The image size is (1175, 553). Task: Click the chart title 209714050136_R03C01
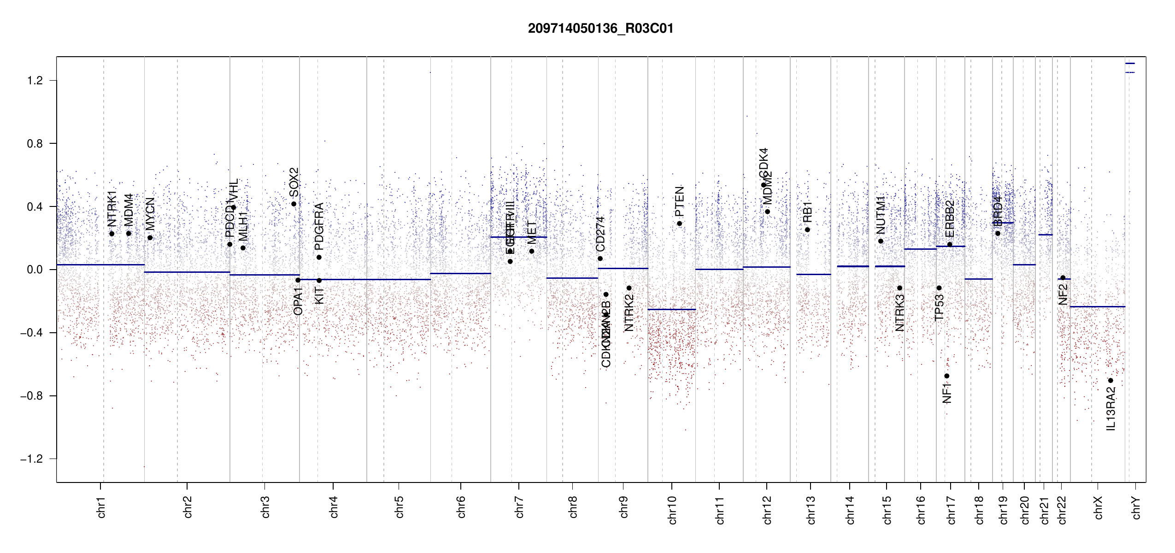click(600, 29)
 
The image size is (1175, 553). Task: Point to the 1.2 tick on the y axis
click(35, 81)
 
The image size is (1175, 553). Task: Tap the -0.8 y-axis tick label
click(31, 396)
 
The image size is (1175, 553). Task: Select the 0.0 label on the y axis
click(35, 270)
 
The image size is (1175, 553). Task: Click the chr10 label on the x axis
click(672, 510)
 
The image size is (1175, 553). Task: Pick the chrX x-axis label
click(1099, 508)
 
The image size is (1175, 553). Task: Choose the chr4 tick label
click(334, 507)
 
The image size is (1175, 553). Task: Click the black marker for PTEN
click(679, 224)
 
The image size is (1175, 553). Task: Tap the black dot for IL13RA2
click(1110, 380)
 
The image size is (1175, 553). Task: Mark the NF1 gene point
click(947, 376)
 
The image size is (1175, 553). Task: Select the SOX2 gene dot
click(294, 204)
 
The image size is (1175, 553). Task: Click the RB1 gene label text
click(807, 212)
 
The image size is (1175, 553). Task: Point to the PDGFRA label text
click(319, 226)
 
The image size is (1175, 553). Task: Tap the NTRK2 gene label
click(629, 313)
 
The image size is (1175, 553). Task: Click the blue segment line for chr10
click(671, 309)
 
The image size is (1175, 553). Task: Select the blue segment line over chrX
click(1097, 306)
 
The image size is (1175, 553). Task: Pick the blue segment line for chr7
click(518, 237)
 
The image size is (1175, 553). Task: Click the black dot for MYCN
click(150, 238)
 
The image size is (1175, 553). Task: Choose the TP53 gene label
click(939, 307)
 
